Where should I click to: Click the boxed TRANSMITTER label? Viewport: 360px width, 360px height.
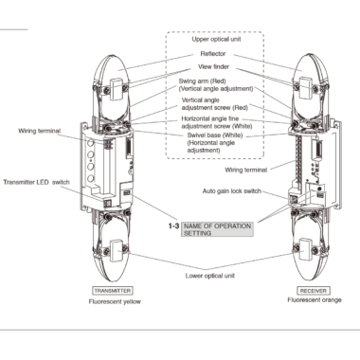point(113,291)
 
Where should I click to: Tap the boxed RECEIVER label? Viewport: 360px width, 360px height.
point(313,291)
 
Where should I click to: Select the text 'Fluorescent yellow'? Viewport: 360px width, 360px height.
point(115,301)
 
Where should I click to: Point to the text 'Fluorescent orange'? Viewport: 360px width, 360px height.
point(315,299)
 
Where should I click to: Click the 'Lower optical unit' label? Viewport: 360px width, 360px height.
point(210,276)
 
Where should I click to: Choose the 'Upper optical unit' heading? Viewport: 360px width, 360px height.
point(216,39)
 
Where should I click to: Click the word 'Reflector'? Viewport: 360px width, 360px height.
point(213,54)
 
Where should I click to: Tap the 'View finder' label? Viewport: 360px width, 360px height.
point(214,66)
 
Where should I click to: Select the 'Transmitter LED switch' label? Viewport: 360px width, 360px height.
point(36,182)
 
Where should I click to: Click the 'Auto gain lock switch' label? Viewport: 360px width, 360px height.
point(232,191)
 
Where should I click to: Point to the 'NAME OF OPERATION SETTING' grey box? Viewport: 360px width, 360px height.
point(217,229)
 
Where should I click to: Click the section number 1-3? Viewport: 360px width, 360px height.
point(173,226)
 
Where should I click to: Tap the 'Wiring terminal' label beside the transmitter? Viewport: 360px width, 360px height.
point(39,131)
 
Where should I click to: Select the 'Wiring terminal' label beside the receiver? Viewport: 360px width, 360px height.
point(246,170)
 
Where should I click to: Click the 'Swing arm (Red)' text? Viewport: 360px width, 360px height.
point(203,81)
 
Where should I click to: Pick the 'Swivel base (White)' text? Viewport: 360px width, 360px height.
point(215,135)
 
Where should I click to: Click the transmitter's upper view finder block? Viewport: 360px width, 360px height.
point(117,89)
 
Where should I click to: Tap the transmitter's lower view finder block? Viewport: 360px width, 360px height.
point(117,251)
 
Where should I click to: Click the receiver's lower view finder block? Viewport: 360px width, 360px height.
point(306,250)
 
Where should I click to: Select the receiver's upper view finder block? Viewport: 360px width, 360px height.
point(306,88)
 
